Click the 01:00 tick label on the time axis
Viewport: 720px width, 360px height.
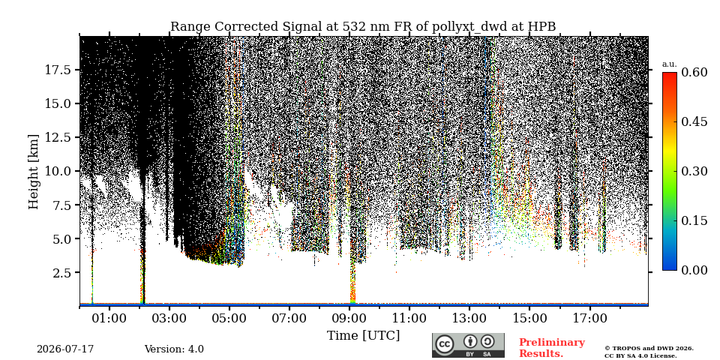click(x=109, y=318)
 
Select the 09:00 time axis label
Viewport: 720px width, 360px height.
click(x=349, y=318)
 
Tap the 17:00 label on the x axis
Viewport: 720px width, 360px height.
click(x=590, y=318)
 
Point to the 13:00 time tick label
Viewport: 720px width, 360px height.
click(x=469, y=318)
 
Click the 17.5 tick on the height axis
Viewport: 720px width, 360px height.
click(x=58, y=70)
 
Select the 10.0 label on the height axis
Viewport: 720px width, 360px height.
click(x=58, y=171)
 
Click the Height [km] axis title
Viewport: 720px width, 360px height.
click(x=34, y=171)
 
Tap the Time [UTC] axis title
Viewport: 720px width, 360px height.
click(x=363, y=336)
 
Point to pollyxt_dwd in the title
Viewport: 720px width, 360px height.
click(x=469, y=27)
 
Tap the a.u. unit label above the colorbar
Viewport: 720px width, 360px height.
click(x=670, y=64)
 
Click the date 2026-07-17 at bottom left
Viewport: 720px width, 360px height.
click(x=65, y=349)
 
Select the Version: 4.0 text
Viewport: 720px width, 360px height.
click(x=174, y=349)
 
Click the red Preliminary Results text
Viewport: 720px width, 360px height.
click(x=552, y=348)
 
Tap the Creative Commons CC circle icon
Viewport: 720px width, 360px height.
click(x=444, y=344)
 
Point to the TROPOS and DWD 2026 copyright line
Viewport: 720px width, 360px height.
click(x=649, y=349)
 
